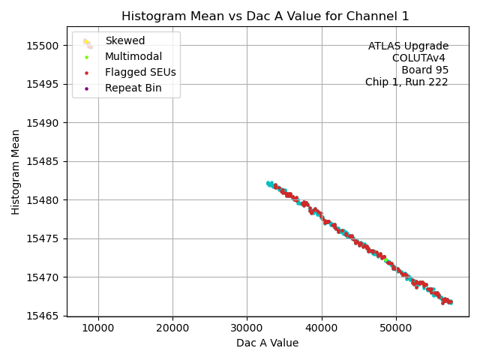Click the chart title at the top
265,16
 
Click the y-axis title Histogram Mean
16,172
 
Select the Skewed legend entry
124,40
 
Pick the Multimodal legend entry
133,56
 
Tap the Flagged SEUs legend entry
140,73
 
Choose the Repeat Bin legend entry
133,88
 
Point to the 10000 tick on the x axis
98,328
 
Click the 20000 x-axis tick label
172,328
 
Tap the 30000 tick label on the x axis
247,328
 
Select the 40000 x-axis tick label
322,328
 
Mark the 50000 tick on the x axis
396,328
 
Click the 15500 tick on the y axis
44,45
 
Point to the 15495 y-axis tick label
44,84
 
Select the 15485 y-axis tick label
44,161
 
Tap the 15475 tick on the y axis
44,238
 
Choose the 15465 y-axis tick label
44,316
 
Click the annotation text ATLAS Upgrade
408,46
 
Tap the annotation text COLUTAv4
419,58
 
